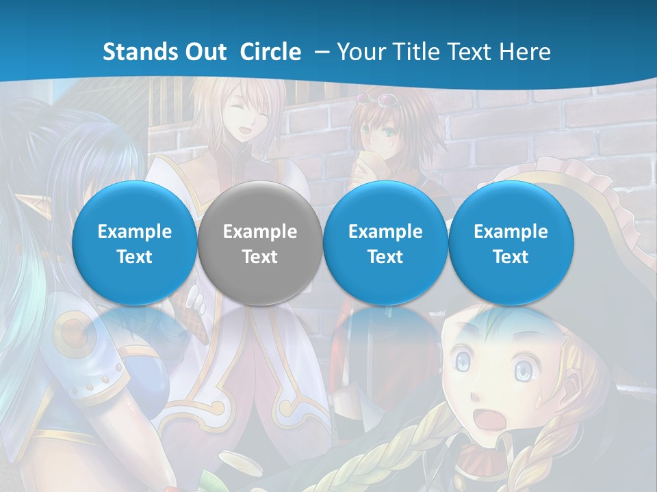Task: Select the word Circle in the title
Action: pos(270,52)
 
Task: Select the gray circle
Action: pos(259,243)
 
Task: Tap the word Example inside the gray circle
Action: pos(259,232)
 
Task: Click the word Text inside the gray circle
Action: pos(259,257)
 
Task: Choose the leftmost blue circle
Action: pos(134,243)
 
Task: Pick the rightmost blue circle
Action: pos(511,243)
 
